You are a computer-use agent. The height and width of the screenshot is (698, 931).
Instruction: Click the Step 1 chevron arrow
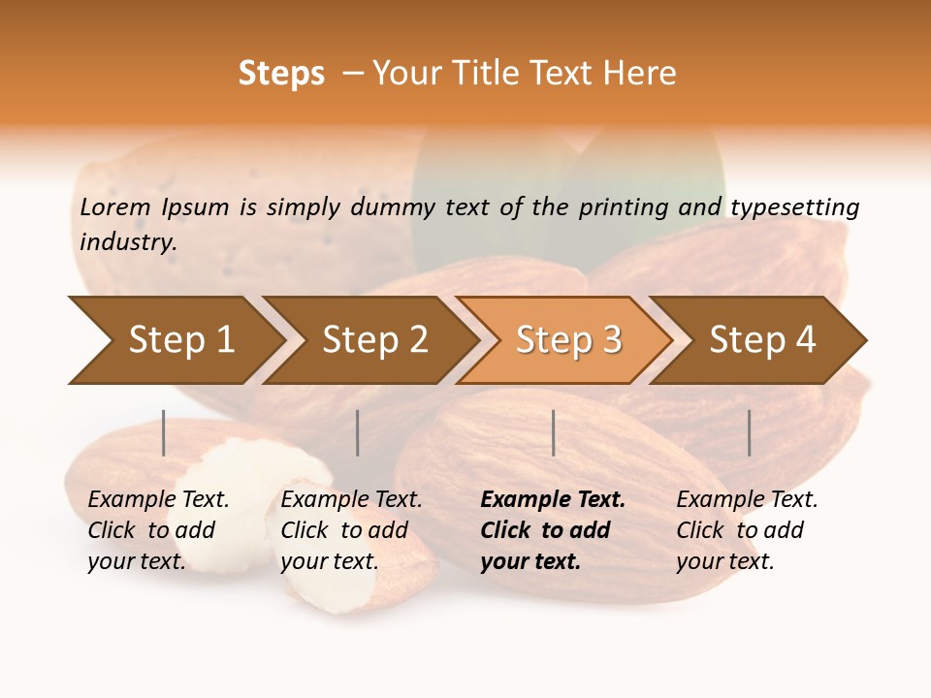point(175,340)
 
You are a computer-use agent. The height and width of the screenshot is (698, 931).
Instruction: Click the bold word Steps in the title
point(281,73)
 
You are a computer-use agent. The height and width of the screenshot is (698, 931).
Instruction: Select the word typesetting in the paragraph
point(794,207)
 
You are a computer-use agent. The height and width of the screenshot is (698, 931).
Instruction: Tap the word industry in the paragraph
point(128,241)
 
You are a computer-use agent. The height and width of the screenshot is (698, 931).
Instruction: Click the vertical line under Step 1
point(164,432)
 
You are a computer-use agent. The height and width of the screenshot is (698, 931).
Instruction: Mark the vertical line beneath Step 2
point(358,432)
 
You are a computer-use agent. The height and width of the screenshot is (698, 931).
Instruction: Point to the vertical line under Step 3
point(554,432)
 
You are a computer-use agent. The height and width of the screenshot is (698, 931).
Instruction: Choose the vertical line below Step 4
point(750,432)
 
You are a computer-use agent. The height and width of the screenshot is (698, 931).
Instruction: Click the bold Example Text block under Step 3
point(553,530)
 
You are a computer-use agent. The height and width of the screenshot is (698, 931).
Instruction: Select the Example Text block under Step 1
point(158,530)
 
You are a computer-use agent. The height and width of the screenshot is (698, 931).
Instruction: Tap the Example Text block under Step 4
point(747,530)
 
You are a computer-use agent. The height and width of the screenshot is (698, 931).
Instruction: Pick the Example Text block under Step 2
point(351,530)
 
